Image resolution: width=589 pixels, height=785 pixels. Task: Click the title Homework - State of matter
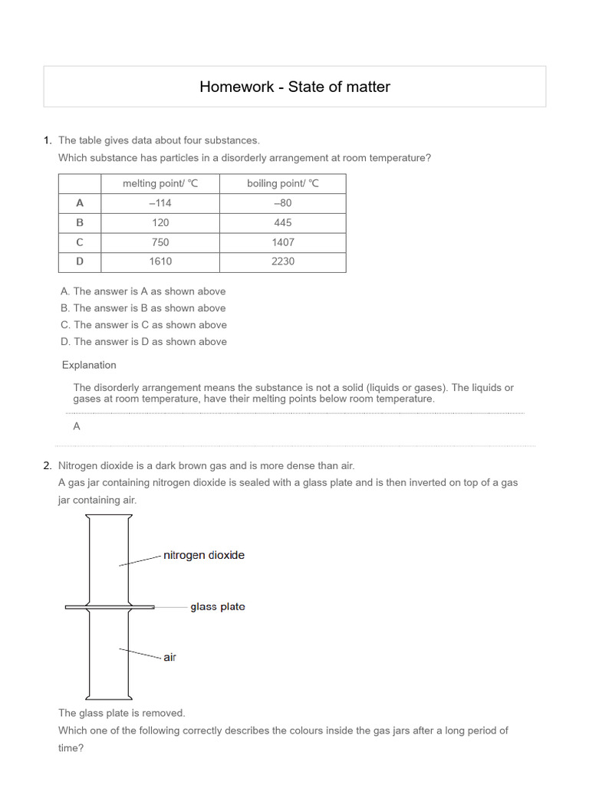[x=294, y=87]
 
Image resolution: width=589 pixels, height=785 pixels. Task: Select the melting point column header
[x=160, y=184]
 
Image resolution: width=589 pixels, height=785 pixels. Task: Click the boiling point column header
[x=282, y=184]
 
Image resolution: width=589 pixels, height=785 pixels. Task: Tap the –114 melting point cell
[x=160, y=203]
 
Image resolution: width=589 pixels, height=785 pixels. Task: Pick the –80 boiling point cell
[x=282, y=203]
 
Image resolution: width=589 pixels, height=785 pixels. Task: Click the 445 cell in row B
[x=282, y=222]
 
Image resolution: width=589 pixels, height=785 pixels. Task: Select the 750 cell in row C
[x=160, y=242]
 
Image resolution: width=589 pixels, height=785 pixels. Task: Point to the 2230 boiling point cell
[x=282, y=261]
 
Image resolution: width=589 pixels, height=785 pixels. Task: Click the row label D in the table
[x=80, y=261]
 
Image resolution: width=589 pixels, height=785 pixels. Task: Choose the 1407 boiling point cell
[x=282, y=242]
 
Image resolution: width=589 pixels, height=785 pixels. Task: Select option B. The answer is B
[x=143, y=308]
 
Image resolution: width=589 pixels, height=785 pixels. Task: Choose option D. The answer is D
[x=143, y=342]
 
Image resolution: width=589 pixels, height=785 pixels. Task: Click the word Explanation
[x=89, y=365]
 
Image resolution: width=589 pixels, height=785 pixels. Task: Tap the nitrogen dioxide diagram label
[x=204, y=555]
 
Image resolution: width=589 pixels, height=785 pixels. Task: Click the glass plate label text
[x=218, y=607]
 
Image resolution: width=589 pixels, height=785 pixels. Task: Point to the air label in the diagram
[x=169, y=658]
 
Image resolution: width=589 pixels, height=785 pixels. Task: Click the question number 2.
[x=48, y=466]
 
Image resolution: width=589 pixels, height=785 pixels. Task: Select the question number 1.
[x=48, y=140]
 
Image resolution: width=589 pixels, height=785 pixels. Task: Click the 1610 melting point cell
[x=160, y=261]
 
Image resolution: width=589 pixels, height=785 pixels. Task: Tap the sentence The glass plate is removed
[x=122, y=713]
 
